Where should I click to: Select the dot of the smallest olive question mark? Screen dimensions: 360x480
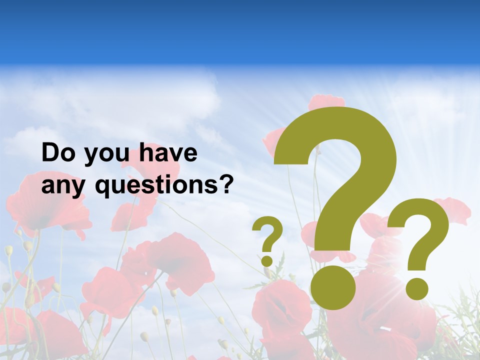point(267,260)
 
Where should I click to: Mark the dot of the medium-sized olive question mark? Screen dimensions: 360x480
point(417,288)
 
